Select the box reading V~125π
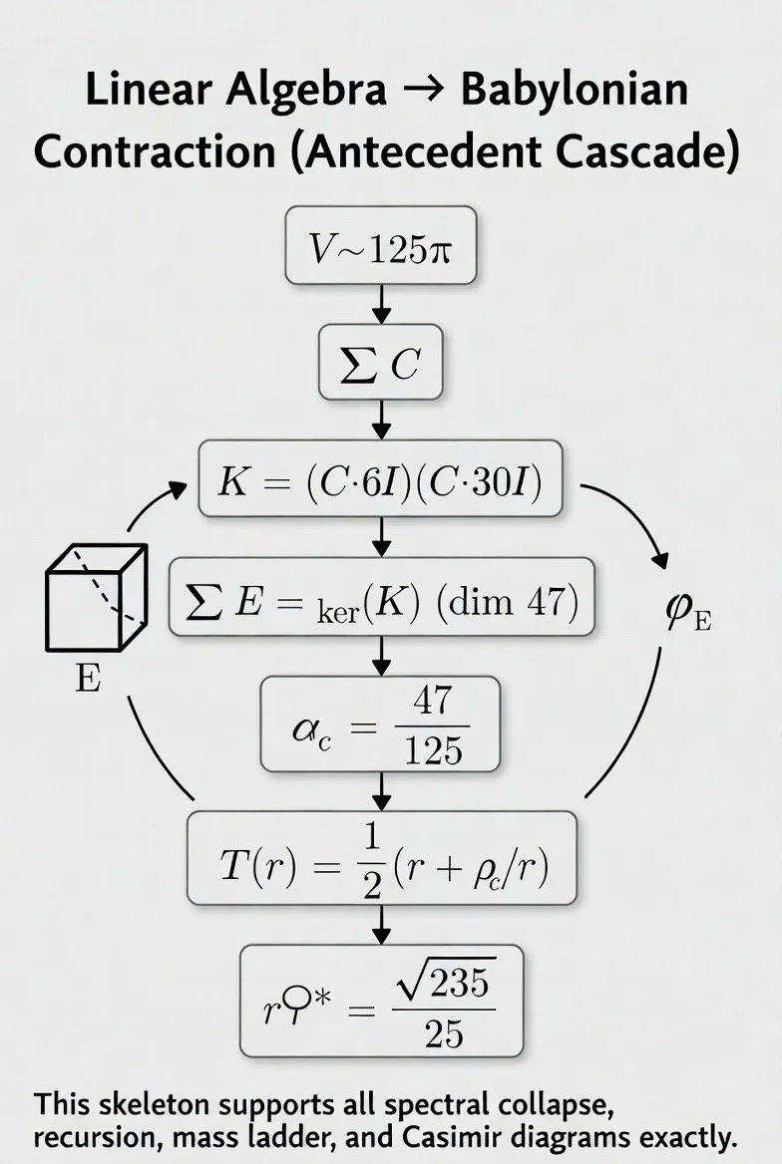(x=381, y=245)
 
